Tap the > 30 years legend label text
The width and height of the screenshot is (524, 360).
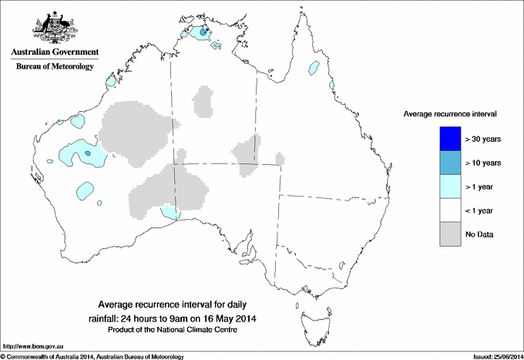484,140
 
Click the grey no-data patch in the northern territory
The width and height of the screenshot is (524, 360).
204,102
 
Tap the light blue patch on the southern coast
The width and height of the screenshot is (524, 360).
170,212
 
